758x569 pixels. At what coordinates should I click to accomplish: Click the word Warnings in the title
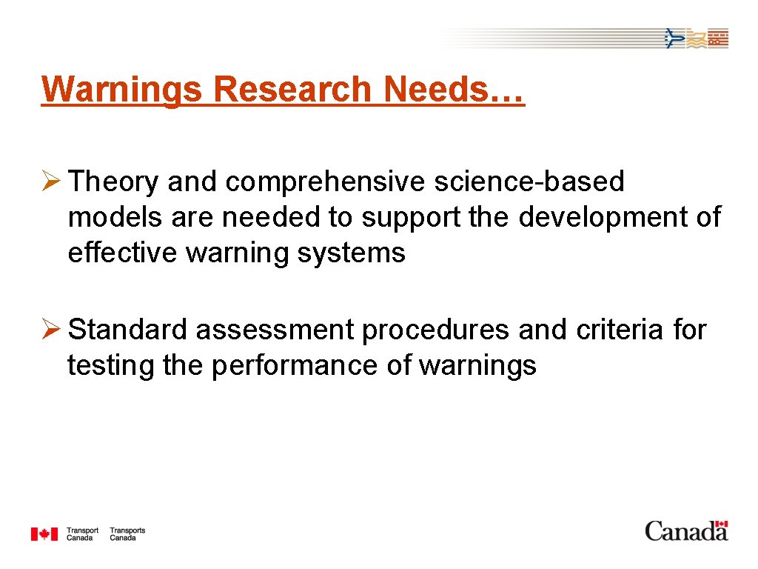click(x=121, y=90)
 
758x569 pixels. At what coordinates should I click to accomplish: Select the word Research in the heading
click(x=293, y=90)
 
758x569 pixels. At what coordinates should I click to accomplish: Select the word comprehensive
click(x=326, y=182)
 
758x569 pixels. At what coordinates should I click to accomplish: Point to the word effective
click(x=122, y=253)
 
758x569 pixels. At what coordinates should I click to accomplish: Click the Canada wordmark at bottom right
click(x=686, y=531)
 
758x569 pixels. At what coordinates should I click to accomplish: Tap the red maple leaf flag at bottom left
click(x=44, y=533)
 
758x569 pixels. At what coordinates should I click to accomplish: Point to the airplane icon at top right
click(x=673, y=38)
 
